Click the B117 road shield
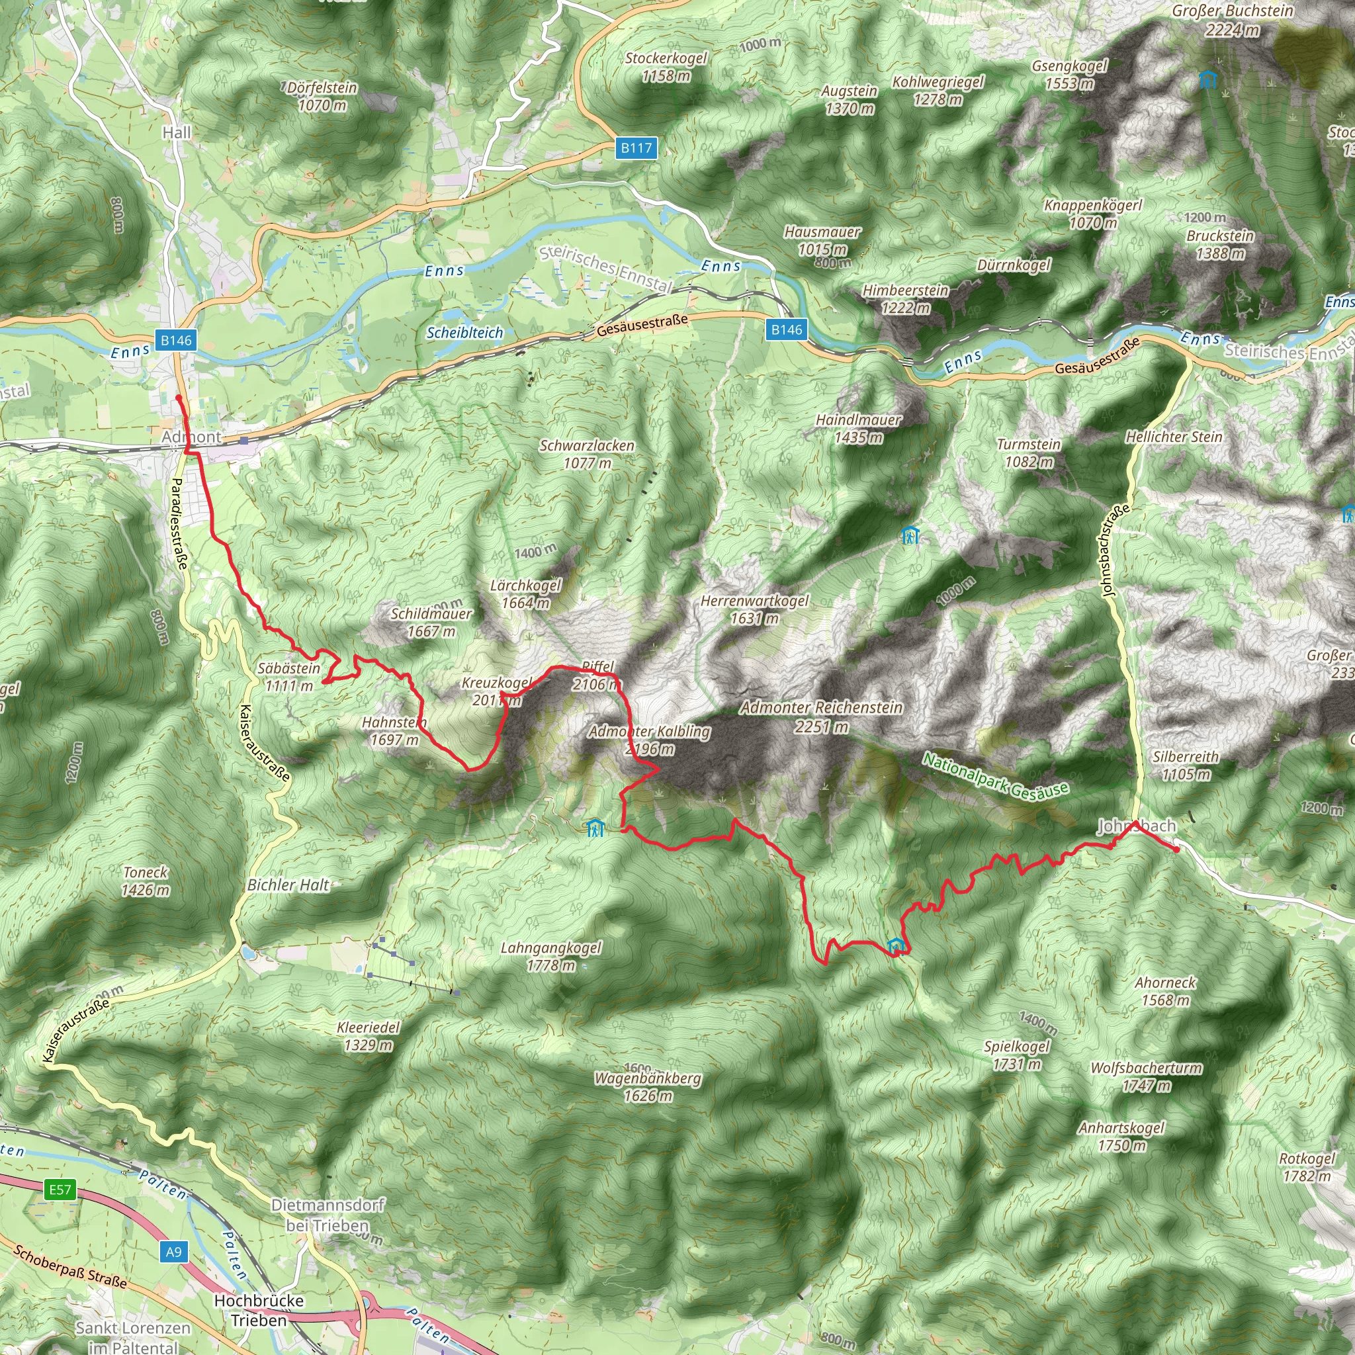[x=636, y=148]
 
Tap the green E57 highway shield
[x=60, y=1190]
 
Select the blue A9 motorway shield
[x=174, y=1252]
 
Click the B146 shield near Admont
[x=176, y=340]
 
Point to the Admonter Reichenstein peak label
[x=821, y=716]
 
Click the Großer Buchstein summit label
[x=1232, y=20]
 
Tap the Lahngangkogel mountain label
[x=551, y=956]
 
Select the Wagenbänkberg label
[x=648, y=1086]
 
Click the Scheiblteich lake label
[x=464, y=332]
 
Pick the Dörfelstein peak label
[x=323, y=96]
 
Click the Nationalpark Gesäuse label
[x=995, y=775]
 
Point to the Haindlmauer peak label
[x=858, y=428]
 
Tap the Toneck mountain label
[x=145, y=881]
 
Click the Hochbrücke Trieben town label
[x=259, y=1310]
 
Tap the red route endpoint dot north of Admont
[x=179, y=398]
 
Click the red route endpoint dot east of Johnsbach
[x=1177, y=850]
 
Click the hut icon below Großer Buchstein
[x=1207, y=79]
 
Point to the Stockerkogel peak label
[x=666, y=66]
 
